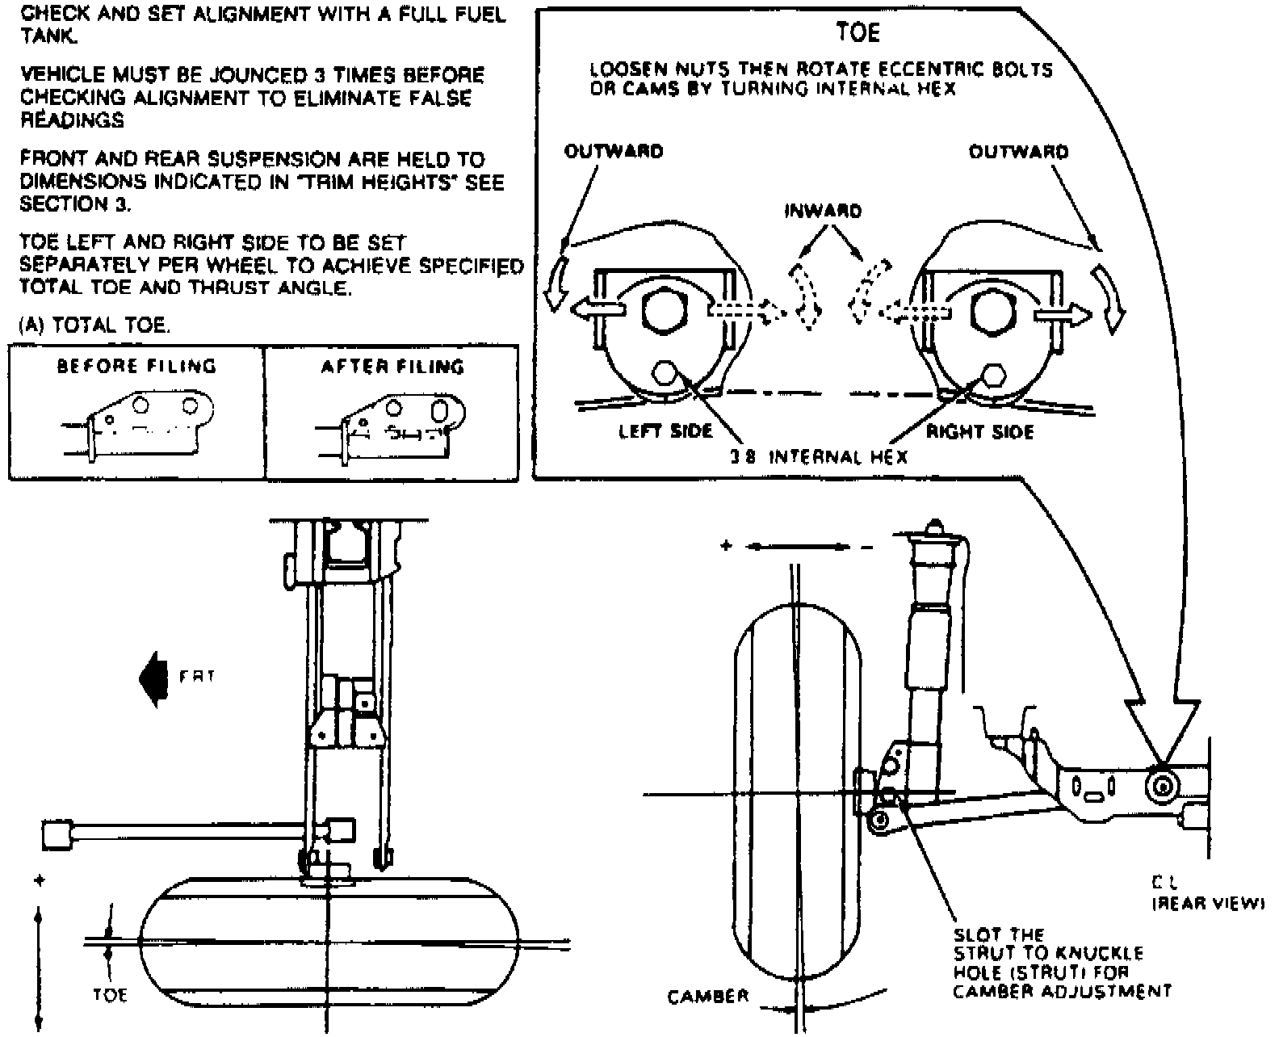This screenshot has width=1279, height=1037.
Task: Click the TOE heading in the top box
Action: [x=858, y=33]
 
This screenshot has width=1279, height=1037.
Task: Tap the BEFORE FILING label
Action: [x=136, y=367]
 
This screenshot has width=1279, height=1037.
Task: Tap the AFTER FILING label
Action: [x=392, y=367]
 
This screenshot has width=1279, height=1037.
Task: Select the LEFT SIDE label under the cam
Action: [x=665, y=431]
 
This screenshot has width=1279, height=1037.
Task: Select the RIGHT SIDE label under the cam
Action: [x=979, y=432]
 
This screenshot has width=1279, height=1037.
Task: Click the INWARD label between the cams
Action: [x=823, y=212]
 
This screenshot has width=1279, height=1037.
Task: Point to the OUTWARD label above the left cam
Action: [x=614, y=152]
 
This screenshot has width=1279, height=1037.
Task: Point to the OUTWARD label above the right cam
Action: [x=1018, y=152]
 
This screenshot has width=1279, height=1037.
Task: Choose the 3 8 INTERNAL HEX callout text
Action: [x=819, y=457]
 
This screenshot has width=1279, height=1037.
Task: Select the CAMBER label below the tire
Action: [x=708, y=997]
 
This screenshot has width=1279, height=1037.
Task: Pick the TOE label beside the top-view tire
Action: [x=110, y=995]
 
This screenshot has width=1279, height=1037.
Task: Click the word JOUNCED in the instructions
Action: [x=261, y=76]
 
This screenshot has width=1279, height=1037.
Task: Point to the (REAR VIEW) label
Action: [x=1206, y=905]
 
